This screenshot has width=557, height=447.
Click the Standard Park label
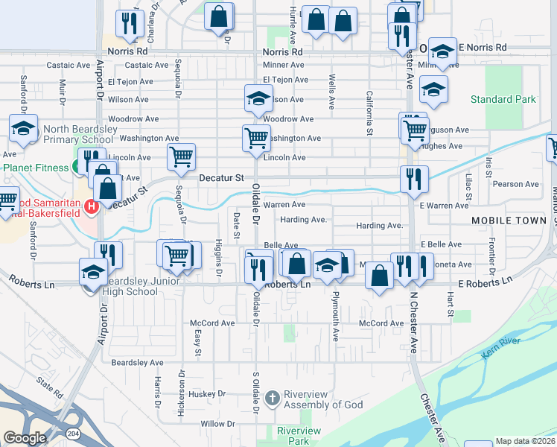click(x=503, y=99)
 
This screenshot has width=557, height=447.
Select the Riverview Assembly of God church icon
click(x=273, y=399)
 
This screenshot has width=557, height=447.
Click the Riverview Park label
click(x=299, y=437)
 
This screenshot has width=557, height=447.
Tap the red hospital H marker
click(x=92, y=206)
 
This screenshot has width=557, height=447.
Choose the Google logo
click(x=24, y=438)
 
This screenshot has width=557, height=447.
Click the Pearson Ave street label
click(x=516, y=184)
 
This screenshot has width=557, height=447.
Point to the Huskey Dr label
click(x=202, y=394)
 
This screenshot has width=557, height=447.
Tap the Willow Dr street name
click(x=218, y=424)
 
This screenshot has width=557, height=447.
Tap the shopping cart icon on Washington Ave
click(x=255, y=137)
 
